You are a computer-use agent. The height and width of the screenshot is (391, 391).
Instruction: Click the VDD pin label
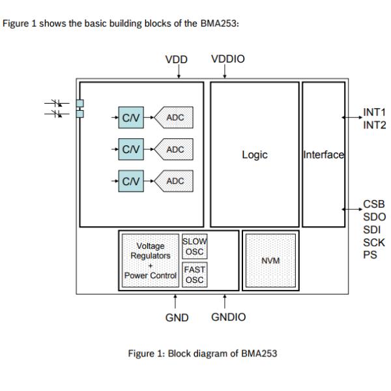pyautogui.click(x=176, y=59)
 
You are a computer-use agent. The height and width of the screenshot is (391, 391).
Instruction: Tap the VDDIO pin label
pyautogui.click(x=228, y=59)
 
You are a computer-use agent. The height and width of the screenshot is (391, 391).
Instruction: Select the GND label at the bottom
pyautogui.click(x=176, y=317)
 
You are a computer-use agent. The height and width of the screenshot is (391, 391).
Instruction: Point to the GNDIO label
pyautogui.click(x=228, y=317)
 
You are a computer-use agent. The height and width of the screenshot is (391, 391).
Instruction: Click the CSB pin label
pyautogui.click(x=373, y=204)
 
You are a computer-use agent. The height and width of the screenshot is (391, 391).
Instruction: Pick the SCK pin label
pyautogui.click(x=373, y=242)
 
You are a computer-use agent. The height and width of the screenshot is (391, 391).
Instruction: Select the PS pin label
pyautogui.click(x=369, y=254)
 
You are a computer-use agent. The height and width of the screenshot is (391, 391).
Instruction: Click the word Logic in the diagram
pyautogui.click(x=254, y=155)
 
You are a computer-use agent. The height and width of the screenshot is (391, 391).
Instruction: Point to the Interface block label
pyautogui.click(x=323, y=155)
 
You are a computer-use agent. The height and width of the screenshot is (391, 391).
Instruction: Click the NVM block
pyautogui.click(x=270, y=261)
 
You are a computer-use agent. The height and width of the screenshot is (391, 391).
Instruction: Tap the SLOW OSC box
pyautogui.click(x=194, y=247)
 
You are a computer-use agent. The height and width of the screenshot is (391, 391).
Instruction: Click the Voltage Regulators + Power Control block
pyautogui.click(x=151, y=261)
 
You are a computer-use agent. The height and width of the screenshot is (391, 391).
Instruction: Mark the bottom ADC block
pyautogui.click(x=175, y=181)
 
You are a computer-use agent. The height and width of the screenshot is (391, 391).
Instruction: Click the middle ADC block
pyautogui.click(x=175, y=149)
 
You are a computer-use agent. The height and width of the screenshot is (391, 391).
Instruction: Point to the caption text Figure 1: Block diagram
pyautogui.click(x=202, y=354)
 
